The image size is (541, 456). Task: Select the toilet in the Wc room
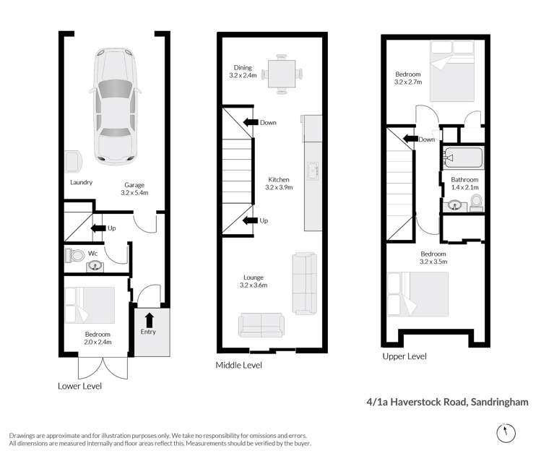[x=74, y=255]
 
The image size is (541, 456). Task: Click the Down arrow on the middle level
[x=251, y=122]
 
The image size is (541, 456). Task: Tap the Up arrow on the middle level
[x=251, y=220]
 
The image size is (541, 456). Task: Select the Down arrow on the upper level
[x=410, y=139]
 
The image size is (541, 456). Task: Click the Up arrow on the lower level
[x=96, y=228]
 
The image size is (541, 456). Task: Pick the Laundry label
[x=81, y=182]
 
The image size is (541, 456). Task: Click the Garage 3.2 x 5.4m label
[x=136, y=189]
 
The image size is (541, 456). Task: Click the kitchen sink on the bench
[x=313, y=171]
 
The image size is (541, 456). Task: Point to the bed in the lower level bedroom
[x=90, y=304]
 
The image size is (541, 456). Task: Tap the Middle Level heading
[x=238, y=366]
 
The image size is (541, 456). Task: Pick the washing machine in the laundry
[x=72, y=162]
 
